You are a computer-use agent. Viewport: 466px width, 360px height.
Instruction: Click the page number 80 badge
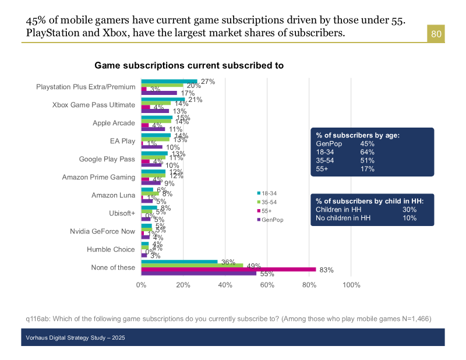click(x=436, y=34)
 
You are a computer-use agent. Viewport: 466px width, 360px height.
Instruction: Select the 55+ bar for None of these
click(x=228, y=269)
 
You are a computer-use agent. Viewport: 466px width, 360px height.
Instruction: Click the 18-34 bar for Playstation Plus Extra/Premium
click(x=169, y=82)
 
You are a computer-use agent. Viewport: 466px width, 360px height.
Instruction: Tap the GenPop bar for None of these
click(x=199, y=273)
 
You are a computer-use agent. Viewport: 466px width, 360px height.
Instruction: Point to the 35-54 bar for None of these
click(x=192, y=265)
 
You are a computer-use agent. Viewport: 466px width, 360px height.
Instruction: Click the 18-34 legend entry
click(x=269, y=193)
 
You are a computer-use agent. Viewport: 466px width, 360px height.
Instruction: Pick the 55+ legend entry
click(x=267, y=210)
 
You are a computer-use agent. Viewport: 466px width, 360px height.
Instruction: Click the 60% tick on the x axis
click(x=267, y=285)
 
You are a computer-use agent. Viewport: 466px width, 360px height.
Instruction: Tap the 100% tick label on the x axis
click(x=351, y=285)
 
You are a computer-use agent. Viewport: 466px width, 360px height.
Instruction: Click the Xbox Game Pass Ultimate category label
click(x=93, y=105)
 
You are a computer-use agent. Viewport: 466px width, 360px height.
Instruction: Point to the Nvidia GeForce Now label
click(x=102, y=231)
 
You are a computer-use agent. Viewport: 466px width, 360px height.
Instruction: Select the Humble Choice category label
click(x=111, y=249)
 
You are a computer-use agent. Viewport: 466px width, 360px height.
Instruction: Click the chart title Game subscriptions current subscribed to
click(x=189, y=66)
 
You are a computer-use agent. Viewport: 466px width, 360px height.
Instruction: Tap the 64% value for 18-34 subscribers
click(x=367, y=152)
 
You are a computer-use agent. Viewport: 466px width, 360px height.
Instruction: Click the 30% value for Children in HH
click(x=409, y=209)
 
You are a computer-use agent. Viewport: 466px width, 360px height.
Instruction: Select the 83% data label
click(x=326, y=270)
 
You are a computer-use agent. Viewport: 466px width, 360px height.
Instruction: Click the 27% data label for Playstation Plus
click(x=208, y=82)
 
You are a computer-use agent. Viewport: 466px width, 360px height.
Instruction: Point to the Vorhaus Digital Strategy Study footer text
click(x=75, y=338)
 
